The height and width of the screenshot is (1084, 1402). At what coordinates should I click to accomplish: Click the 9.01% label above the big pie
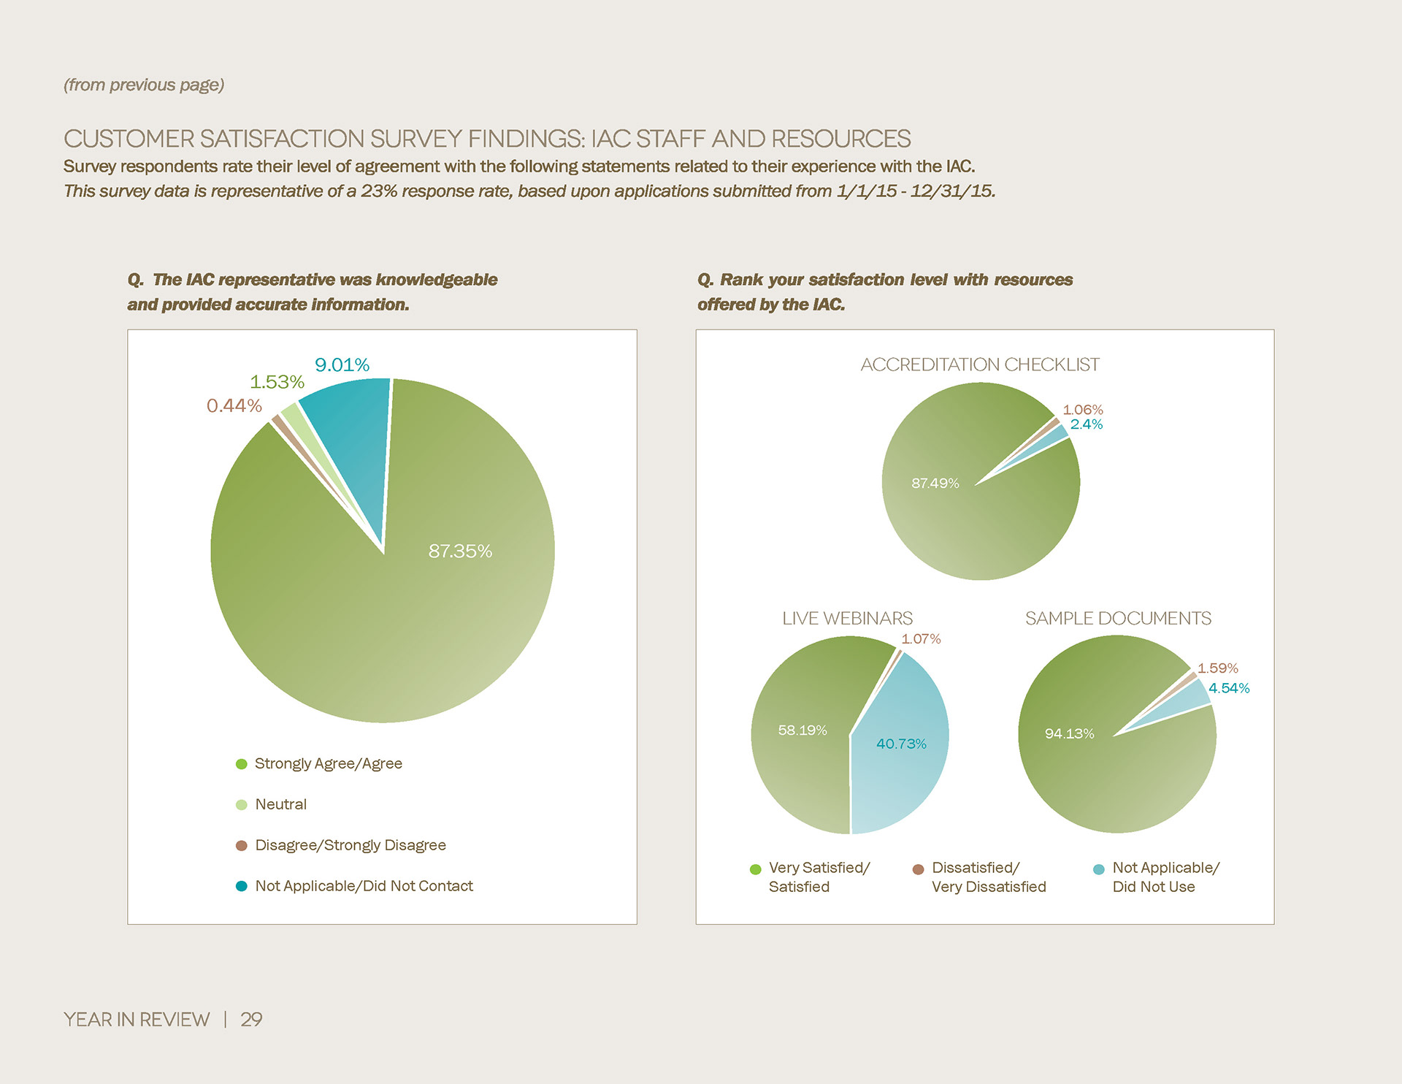tap(342, 364)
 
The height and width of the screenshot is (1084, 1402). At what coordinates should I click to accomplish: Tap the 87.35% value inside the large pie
tap(460, 551)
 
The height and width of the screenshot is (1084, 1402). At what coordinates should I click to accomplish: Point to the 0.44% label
tap(234, 405)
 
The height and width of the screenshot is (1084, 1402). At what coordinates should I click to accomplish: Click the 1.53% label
tap(277, 382)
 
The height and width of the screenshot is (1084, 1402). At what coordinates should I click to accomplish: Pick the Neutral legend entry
tap(280, 804)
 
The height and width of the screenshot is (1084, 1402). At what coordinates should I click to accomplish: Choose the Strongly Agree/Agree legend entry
tap(328, 763)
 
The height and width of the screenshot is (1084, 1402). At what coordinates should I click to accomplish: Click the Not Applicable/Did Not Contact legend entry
tap(364, 886)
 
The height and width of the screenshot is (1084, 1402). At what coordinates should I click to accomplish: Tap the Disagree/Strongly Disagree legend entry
tap(350, 845)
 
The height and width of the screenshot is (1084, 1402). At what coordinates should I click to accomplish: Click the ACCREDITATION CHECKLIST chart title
tap(979, 364)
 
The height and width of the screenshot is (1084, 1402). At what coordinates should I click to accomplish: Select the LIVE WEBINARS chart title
tap(847, 618)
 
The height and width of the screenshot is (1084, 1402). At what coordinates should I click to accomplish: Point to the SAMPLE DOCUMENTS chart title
tap(1118, 618)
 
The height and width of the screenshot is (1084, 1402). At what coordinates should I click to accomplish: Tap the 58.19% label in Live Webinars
tap(802, 730)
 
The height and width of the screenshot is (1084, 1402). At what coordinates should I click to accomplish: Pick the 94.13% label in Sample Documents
tap(1069, 733)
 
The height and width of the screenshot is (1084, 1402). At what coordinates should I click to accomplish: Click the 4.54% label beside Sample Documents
tap(1229, 688)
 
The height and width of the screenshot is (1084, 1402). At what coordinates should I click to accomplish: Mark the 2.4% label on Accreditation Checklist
tap(1087, 424)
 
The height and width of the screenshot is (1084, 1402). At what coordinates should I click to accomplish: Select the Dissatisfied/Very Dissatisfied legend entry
tap(988, 877)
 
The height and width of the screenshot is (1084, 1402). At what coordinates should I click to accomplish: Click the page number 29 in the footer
tap(251, 1019)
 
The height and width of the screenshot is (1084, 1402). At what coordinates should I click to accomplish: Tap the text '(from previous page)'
tap(144, 85)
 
